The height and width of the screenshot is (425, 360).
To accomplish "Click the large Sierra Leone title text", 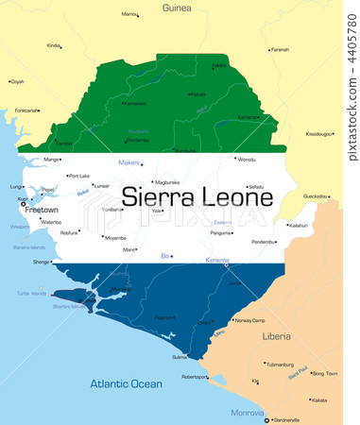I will click(x=198, y=198).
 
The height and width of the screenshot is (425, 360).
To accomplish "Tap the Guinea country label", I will click(x=177, y=8).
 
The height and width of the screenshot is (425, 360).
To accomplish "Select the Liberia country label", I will click(x=277, y=335).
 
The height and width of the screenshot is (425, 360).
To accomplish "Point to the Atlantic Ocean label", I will click(x=126, y=383).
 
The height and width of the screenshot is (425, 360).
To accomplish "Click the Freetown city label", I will click(x=40, y=210).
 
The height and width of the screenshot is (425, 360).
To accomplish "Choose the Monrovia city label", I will click(x=248, y=412).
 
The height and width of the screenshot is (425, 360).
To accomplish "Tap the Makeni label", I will click(x=129, y=163).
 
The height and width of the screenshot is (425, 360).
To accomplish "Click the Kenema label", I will click(x=217, y=259).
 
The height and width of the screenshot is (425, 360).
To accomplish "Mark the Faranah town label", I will click(x=280, y=49).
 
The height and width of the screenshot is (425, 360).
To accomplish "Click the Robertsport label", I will click(x=195, y=377).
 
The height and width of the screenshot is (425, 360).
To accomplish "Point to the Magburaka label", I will click(x=166, y=182).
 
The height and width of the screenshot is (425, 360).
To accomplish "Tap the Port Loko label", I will click(x=78, y=176).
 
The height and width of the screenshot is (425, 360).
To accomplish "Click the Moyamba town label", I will click(x=115, y=238).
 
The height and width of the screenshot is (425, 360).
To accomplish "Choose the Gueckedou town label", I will click(x=316, y=196).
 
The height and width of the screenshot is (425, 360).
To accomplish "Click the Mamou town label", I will click(x=129, y=14).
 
